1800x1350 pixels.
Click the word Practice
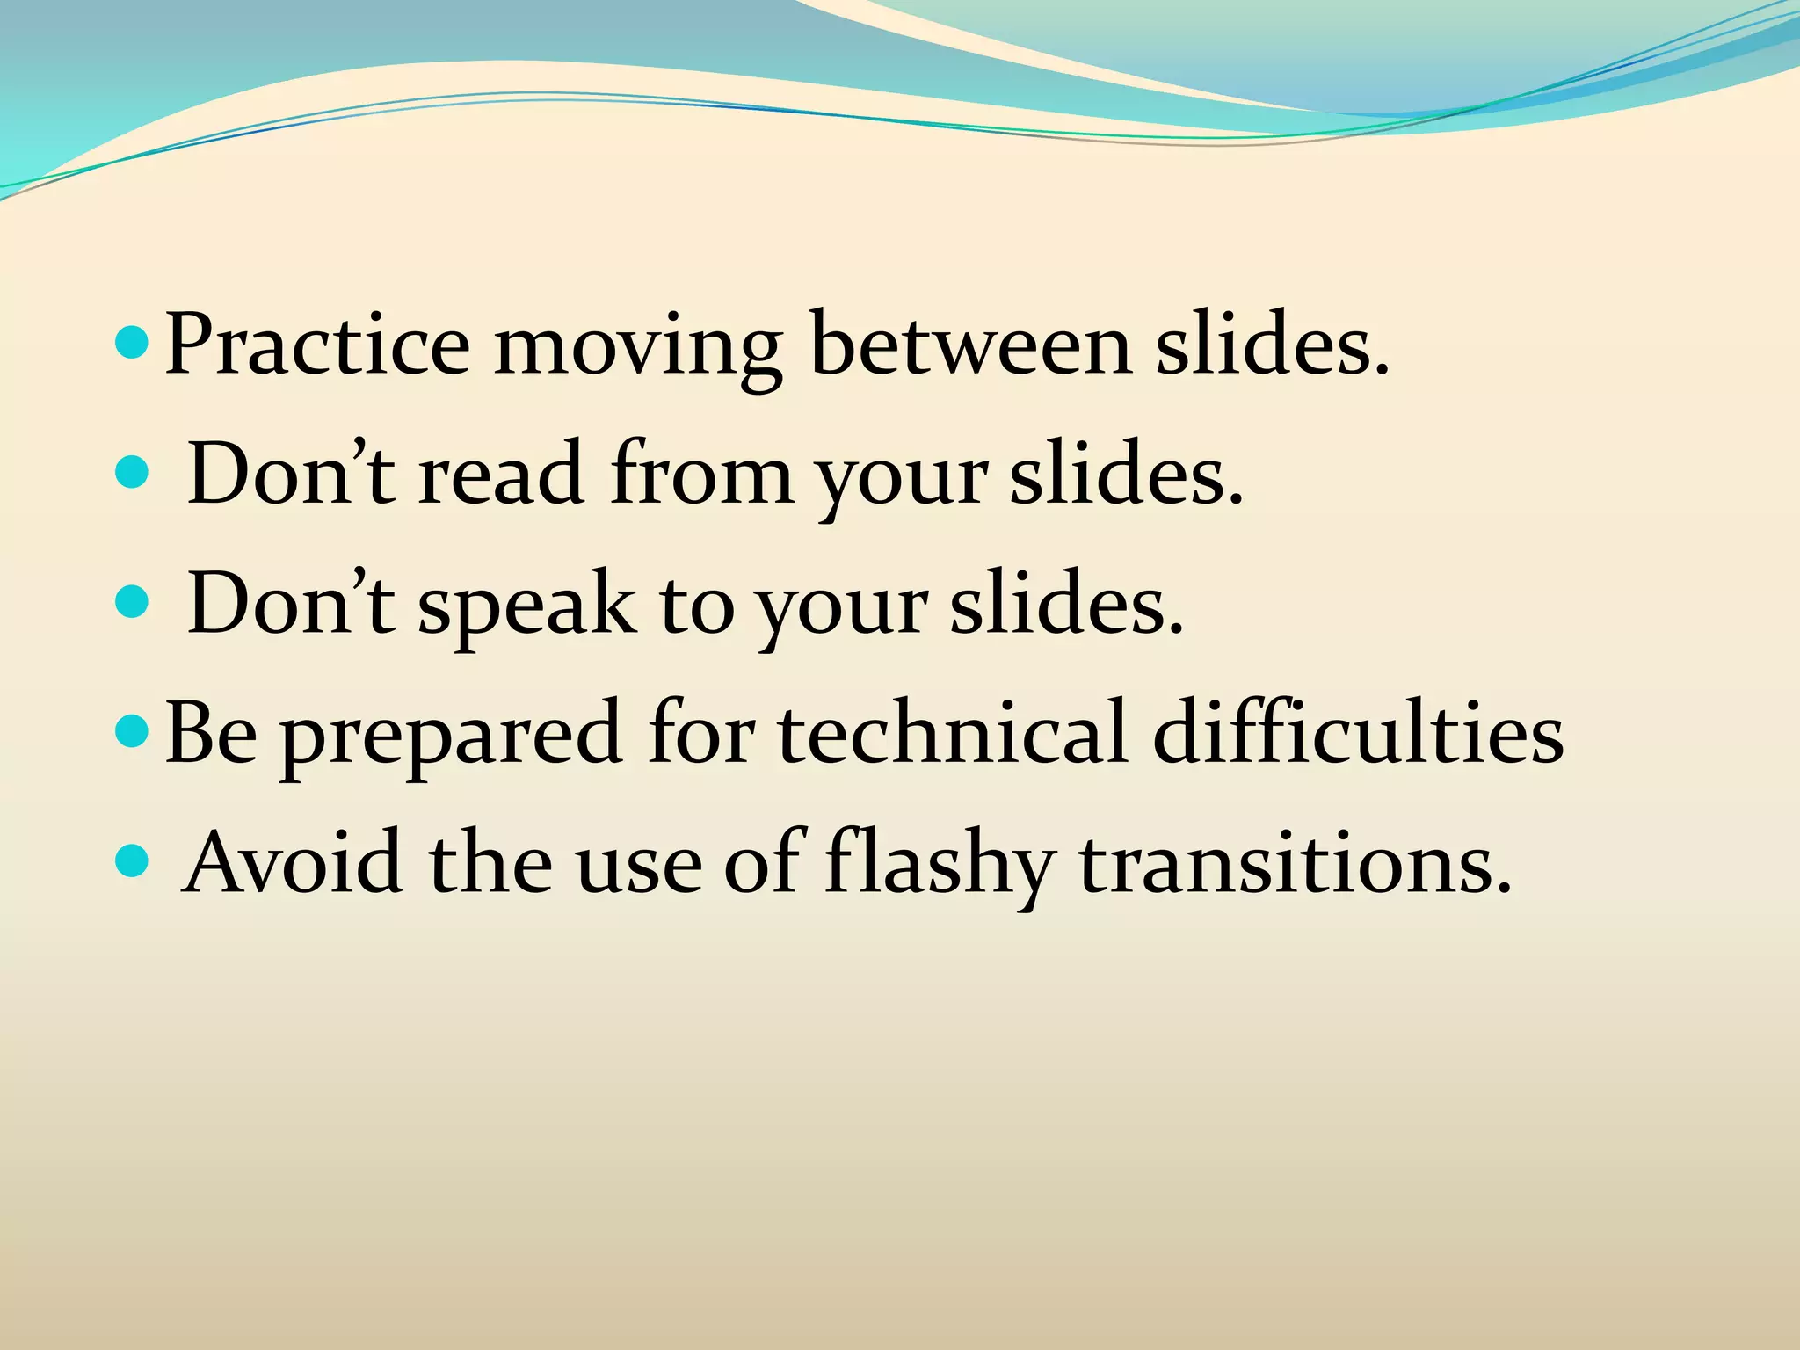317,345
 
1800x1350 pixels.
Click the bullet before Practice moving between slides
133,343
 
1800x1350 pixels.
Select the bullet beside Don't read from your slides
133,472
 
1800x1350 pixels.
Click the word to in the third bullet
695,605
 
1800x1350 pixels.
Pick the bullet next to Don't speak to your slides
133,602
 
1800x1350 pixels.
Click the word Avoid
292,863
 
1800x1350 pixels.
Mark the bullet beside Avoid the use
133,861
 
